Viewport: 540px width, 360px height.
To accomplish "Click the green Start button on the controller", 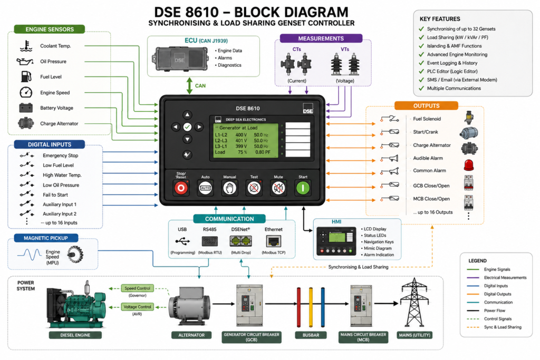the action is click(303, 188).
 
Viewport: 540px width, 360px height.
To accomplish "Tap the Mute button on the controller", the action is click(278, 188).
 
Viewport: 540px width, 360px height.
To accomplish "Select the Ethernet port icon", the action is click(274, 241).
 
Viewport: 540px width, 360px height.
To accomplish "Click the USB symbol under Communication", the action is click(182, 241).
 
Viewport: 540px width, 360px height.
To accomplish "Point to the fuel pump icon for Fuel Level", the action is click(26, 76).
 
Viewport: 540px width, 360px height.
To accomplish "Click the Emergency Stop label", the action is click(60, 155).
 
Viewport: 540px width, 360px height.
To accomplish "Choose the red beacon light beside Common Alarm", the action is click(469, 165).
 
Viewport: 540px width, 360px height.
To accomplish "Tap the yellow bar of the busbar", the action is click(311, 307).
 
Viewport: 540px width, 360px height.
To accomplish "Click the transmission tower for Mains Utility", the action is click(414, 303).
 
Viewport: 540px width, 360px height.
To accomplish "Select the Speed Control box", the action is click(137, 288).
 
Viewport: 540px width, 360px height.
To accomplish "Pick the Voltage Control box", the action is click(137, 307).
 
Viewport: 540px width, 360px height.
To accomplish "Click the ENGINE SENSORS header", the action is click(50, 30).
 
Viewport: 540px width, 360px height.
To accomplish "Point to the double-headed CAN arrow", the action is click(189, 86).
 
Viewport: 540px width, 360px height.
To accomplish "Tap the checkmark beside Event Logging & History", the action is click(421, 63).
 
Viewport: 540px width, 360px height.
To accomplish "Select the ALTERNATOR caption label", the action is click(191, 335).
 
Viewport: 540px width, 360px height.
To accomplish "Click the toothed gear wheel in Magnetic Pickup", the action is click(75, 255).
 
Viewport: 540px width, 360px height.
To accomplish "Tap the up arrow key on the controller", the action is click(187, 114).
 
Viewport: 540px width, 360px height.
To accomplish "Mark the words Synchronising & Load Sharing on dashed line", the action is click(358, 267).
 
